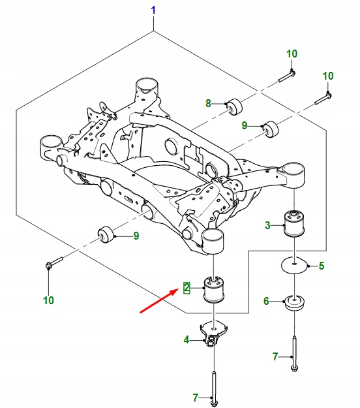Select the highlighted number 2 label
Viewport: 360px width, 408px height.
(187, 287)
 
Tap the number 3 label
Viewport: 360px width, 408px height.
(267, 226)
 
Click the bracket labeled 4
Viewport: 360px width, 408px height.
(213, 335)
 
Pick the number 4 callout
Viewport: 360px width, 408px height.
(187, 339)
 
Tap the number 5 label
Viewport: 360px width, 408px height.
(320, 266)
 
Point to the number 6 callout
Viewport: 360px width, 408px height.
(266, 301)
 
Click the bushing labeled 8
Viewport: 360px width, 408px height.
(233, 105)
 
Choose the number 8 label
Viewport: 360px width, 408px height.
(209, 103)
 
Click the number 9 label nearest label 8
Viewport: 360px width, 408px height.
(245, 125)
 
